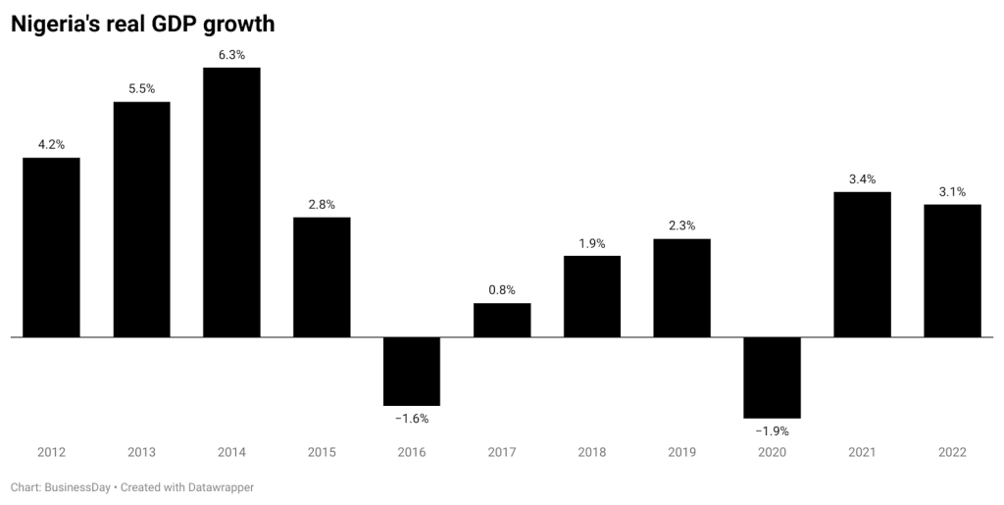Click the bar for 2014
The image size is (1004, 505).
[231, 202]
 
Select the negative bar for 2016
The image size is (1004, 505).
[412, 371]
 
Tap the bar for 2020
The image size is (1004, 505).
[772, 378]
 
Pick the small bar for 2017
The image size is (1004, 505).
[502, 320]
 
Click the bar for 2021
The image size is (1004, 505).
[862, 264]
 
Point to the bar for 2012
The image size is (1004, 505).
[51, 247]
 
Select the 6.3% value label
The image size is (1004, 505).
[231, 55]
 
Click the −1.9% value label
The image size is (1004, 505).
[772, 430]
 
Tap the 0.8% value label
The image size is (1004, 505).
[502, 290]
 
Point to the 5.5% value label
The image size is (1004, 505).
[141, 89]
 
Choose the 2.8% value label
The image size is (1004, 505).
[322, 204]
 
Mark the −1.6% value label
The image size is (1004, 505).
[412, 418]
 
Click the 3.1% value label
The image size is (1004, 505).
[952, 191]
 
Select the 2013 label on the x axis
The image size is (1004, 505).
[141, 452]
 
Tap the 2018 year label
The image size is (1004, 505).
[592, 452]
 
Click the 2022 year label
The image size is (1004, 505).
[952, 452]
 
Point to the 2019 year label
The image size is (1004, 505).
[682, 452]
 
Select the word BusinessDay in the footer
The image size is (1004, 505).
[78, 486]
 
